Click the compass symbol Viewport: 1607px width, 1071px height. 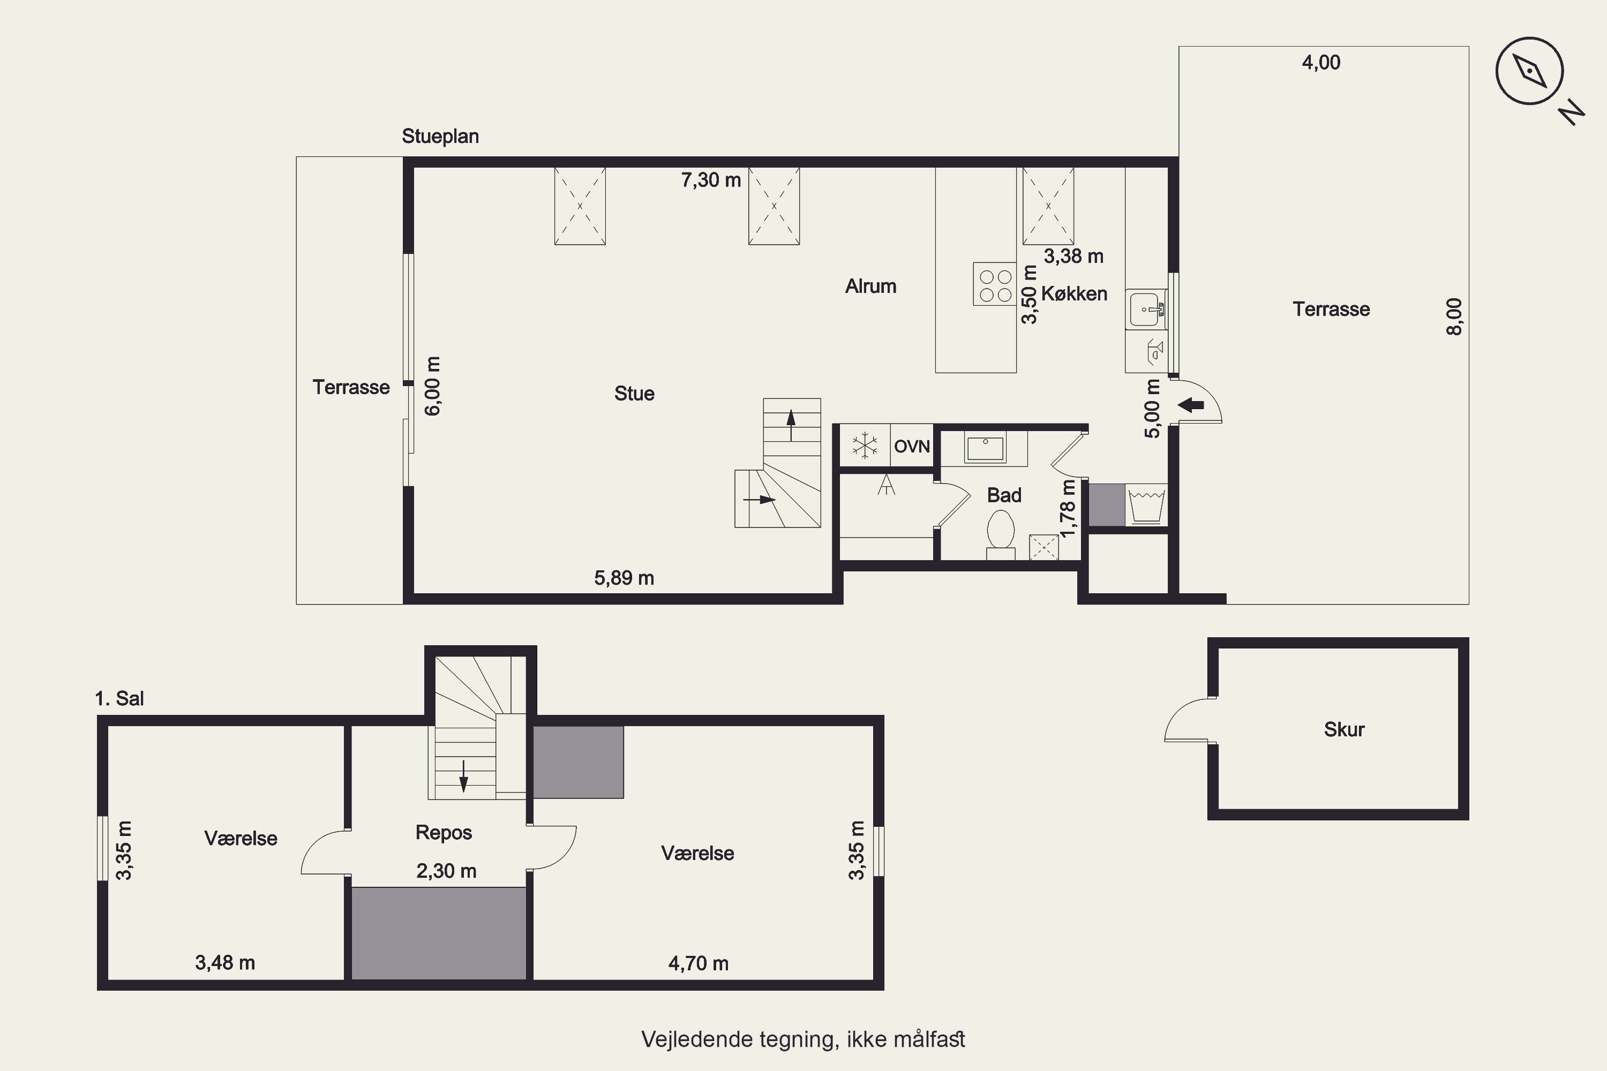[1530, 71]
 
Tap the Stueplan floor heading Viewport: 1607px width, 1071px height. [440, 137]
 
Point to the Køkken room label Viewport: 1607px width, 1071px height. [1074, 293]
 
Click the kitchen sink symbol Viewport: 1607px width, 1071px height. [1146, 310]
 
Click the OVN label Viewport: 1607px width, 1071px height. [912, 447]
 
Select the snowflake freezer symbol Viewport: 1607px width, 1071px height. [865, 446]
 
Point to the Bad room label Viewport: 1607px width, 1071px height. [1004, 495]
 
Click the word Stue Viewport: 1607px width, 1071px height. [634, 394]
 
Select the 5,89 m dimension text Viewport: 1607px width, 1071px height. [624, 578]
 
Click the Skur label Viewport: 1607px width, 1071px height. [1344, 729]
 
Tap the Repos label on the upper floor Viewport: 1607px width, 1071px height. [444, 833]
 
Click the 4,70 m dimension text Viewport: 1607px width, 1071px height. [699, 964]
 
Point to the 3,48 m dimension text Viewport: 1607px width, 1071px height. [225, 963]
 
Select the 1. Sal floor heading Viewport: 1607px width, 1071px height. [119, 699]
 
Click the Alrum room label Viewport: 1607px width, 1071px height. [870, 286]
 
